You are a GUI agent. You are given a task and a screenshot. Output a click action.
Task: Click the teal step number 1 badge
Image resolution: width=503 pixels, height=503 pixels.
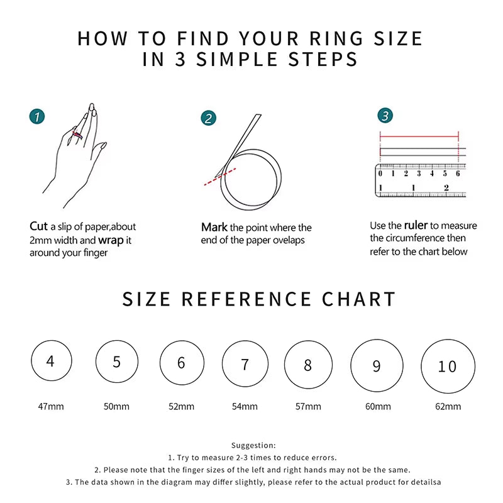(x=38, y=116)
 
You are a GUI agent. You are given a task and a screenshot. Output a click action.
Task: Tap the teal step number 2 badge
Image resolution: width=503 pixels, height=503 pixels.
(x=209, y=118)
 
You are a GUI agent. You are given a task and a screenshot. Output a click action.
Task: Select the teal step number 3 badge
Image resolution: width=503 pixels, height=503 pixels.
(x=385, y=116)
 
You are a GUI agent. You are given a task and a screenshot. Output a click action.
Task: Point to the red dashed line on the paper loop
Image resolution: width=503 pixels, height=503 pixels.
(x=219, y=176)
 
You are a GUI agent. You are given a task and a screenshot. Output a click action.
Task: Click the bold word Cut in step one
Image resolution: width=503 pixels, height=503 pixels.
(x=38, y=226)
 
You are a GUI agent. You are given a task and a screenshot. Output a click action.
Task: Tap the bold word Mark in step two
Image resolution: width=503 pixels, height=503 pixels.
(x=214, y=227)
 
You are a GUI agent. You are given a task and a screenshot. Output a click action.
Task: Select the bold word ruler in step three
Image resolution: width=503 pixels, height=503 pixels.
(x=416, y=225)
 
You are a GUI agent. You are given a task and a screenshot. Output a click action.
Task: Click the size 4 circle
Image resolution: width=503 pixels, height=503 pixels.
(x=51, y=362)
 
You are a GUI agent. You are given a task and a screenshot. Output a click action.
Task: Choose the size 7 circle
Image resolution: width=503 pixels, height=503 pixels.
(x=245, y=365)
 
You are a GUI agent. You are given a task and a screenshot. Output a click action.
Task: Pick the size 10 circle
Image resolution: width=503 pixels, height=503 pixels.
(x=447, y=366)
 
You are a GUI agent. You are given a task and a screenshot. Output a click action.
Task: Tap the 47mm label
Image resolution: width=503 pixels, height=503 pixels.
(x=51, y=406)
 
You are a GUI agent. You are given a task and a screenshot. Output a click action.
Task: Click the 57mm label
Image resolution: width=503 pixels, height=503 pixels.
(x=308, y=406)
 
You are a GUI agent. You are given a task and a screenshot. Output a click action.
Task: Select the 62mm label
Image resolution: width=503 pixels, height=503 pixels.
(x=448, y=406)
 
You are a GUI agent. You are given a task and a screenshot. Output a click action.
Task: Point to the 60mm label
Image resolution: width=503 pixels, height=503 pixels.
(x=378, y=406)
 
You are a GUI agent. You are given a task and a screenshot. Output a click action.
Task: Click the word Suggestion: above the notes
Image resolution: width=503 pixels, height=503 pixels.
(x=253, y=445)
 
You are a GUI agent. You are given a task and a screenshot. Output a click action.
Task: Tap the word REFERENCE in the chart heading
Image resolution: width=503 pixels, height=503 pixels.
(x=246, y=299)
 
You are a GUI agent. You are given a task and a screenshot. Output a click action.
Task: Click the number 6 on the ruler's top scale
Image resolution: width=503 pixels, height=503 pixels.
(x=458, y=174)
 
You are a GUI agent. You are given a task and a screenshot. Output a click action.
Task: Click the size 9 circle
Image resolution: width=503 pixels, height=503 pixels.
(x=377, y=366)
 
